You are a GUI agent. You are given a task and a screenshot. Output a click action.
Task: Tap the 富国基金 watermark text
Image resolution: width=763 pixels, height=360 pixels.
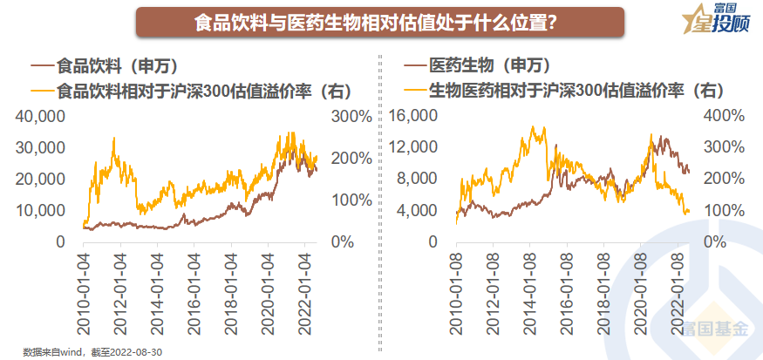tap(717, 329)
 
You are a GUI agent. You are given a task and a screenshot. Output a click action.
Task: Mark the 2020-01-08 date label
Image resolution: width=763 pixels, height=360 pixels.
tap(642, 290)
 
